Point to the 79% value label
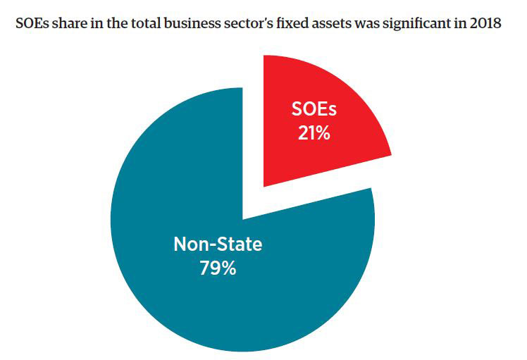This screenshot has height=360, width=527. tap(217, 269)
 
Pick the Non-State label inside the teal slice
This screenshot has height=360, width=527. tap(218, 245)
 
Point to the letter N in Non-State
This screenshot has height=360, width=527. tap(180, 245)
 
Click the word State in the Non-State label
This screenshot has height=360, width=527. tap(240, 245)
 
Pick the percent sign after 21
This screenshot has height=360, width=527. tap(323, 132)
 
